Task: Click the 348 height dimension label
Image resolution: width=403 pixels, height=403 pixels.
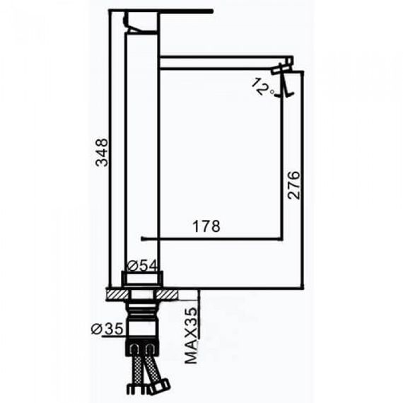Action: [102, 153]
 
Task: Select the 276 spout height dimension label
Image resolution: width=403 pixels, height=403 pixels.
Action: [293, 185]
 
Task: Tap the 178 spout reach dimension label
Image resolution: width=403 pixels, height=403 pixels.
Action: [206, 226]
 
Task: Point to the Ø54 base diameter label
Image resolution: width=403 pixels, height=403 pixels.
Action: [142, 266]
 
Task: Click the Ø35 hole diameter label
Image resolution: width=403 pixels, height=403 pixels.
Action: [107, 329]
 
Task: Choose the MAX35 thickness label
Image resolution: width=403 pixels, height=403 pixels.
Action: [192, 336]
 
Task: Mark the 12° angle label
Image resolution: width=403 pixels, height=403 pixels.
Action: [263, 87]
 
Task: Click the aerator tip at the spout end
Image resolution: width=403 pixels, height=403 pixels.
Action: [282, 70]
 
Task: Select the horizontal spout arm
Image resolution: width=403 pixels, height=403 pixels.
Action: [226, 62]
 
